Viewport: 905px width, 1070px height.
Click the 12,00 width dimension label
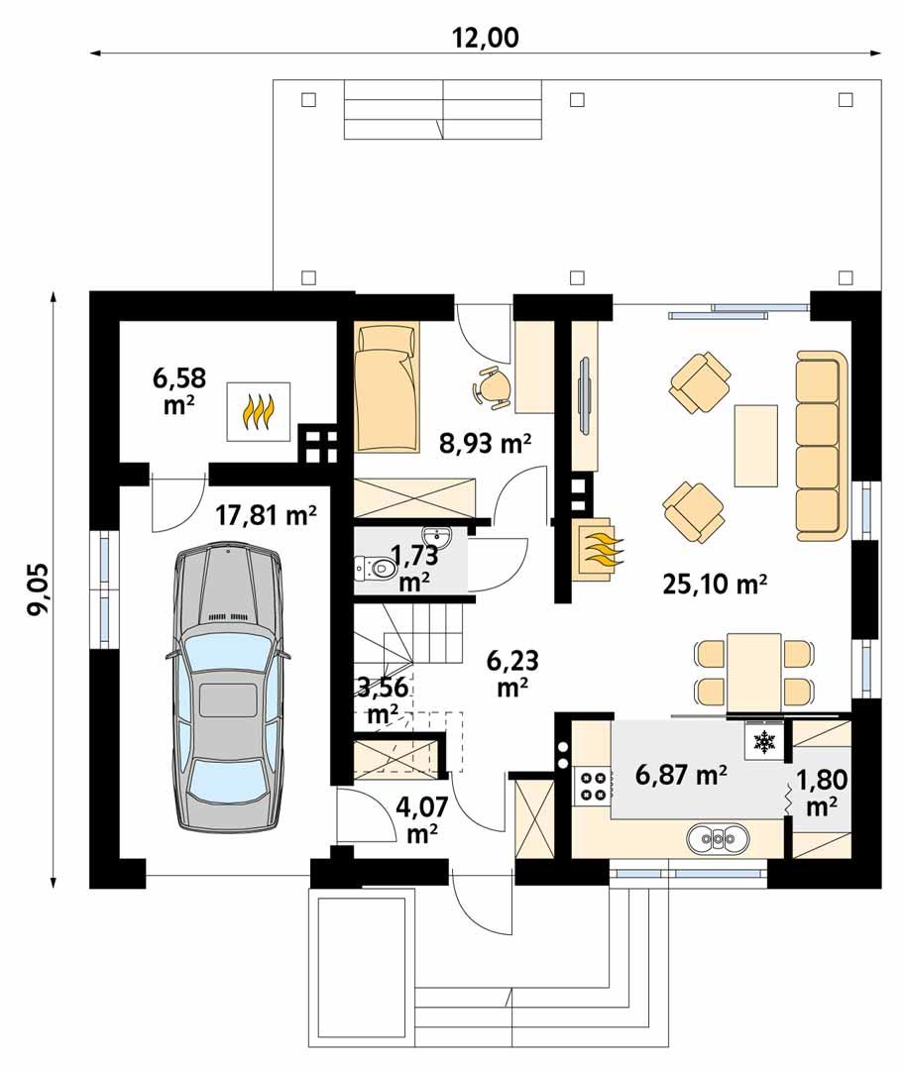486,37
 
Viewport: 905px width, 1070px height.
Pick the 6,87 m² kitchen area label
681,776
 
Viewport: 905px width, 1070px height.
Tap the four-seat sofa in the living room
822,446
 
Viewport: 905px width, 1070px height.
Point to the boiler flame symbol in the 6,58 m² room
259,412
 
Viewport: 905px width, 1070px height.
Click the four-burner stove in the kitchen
593,786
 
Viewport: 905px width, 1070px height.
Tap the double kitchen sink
718,839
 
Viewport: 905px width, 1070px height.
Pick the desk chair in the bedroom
492,386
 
